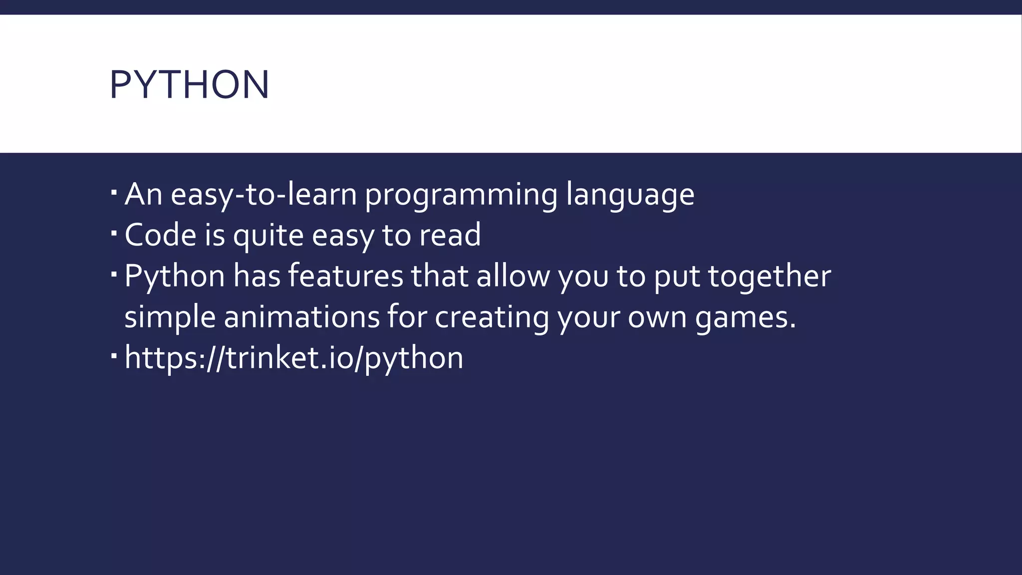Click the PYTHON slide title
coord(189,84)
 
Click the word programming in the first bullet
coord(461,195)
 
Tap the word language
coord(630,195)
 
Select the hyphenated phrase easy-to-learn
coord(263,195)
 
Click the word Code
coord(160,235)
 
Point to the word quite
coord(268,235)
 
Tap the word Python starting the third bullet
coord(175,276)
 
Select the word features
coord(345,276)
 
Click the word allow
coord(513,276)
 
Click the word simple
coord(170,317)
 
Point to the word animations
coord(301,317)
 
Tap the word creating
coord(492,317)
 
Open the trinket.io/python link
coord(293,358)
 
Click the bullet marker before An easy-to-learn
coord(114,192)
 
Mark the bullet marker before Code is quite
coord(114,233)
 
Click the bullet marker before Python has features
coord(114,274)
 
